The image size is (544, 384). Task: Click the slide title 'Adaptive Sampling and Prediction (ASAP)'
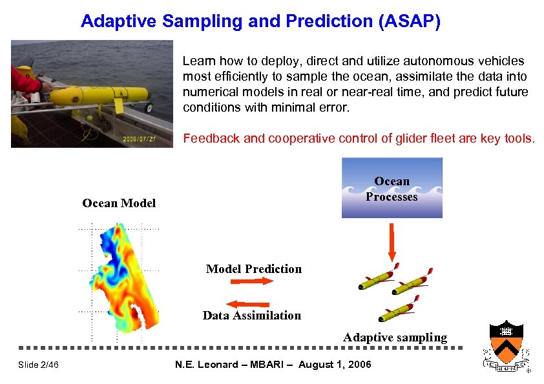[x=260, y=22]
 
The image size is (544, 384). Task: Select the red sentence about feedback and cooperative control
[x=359, y=138]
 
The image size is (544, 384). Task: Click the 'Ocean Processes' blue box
[x=392, y=189]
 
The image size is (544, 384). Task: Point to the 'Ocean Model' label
[x=119, y=203]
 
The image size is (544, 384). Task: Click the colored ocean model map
[x=126, y=281]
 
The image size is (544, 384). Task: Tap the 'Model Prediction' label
[x=253, y=269]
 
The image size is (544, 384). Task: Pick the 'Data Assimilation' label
[x=251, y=316]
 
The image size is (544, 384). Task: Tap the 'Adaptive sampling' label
[x=395, y=338]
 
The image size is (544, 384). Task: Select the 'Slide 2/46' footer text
[x=38, y=365]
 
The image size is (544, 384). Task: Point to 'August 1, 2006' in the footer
[x=336, y=365]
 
